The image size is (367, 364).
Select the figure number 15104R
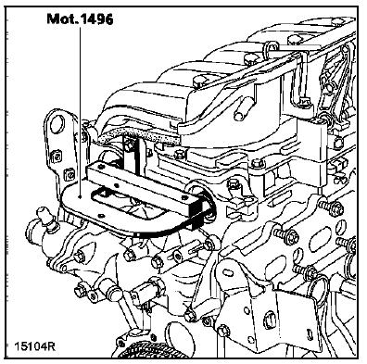(34, 345)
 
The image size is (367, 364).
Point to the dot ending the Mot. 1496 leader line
(81, 196)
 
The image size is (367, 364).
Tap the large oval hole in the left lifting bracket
(57, 123)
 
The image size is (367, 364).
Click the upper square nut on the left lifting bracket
(56, 157)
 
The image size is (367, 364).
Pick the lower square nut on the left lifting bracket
(69, 175)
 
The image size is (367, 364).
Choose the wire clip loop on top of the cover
(272, 48)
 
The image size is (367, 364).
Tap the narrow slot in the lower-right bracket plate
(310, 333)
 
